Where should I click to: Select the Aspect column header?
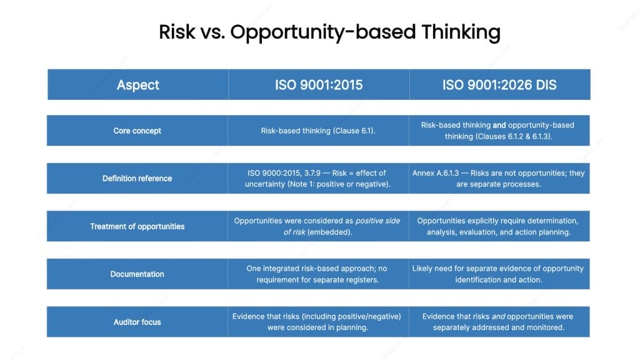(x=137, y=84)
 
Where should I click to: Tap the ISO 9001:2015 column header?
(x=319, y=84)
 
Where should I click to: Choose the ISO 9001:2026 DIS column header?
(x=499, y=84)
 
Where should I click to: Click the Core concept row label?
(x=137, y=131)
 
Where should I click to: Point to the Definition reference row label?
(x=137, y=178)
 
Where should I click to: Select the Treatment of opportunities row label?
(x=137, y=226)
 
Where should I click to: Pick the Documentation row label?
(x=137, y=274)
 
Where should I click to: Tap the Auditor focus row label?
(x=137, y=322)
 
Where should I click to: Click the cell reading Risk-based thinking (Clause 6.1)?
(x=319, y=131)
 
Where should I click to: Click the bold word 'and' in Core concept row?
(x=499, y=125)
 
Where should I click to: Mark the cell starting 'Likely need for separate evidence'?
(x=498, y=274)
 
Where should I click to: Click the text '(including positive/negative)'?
(x=350, y=316)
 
